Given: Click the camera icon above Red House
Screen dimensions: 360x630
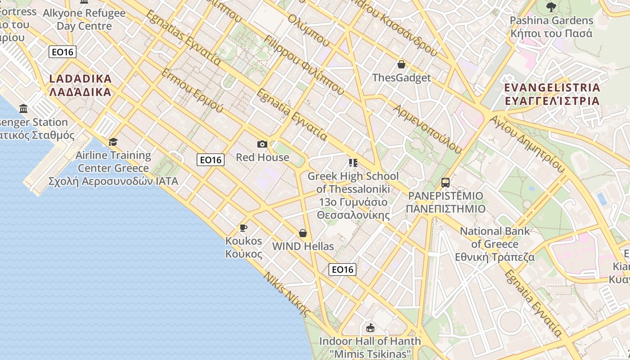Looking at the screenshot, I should click(x=262, y=144).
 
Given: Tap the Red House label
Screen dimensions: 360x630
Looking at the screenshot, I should click(x=262, y=157).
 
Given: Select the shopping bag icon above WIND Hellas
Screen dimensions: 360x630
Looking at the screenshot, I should click(x=303, y=233).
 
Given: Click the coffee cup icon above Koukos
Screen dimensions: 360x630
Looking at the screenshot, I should click(x=243, y=228).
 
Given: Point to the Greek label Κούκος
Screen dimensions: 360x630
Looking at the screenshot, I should click(x=243, y=254).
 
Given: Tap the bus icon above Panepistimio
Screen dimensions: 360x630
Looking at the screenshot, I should click(x=445, y=183).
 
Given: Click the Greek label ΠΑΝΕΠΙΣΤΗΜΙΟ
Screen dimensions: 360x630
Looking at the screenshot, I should click(x=445, y=209).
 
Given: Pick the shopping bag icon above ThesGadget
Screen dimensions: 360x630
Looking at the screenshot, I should click(x=401, y=64).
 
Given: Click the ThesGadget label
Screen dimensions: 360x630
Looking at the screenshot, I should click(x=401, y=77).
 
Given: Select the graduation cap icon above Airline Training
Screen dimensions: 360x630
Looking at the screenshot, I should click(x=113, y=142).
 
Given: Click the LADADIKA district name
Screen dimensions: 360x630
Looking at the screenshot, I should click(x=80, y=79).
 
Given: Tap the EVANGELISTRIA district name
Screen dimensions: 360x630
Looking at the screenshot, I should click(x=552, y=87).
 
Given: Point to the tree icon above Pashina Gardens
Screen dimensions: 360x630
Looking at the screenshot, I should click(x=551, y=7).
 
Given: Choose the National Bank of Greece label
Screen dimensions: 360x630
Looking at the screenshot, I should click(x=495, y=238).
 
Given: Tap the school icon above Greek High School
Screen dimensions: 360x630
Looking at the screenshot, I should click(x=353, y=162).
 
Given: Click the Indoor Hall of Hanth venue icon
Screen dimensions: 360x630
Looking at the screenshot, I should click(x=370, y=328).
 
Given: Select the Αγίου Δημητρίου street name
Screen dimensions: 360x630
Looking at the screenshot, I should click(x=527, y=144).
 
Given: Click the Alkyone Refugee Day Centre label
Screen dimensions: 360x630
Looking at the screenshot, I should click(x=84, y=19).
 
